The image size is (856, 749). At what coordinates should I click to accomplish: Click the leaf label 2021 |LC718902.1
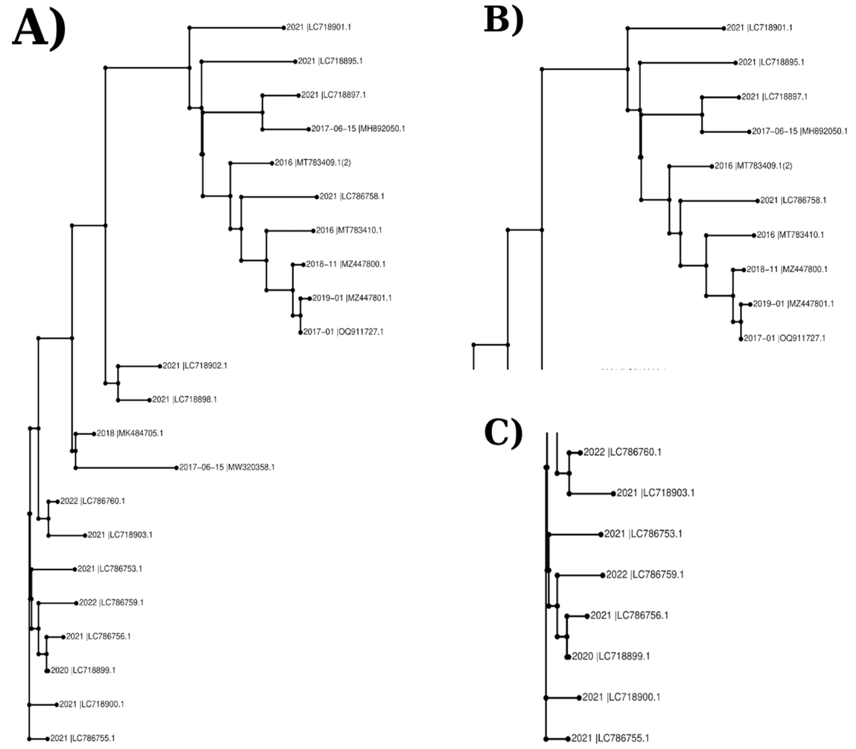(x=195, y=366)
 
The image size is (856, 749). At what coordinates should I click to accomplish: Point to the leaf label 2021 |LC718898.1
(x=184, y=400)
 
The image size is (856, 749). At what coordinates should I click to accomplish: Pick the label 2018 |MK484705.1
(x=130, y=433)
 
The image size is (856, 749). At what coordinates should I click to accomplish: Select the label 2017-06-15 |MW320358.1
(x=227, y=467)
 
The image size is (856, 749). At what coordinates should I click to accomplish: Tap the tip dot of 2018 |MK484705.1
(x=94, y=434)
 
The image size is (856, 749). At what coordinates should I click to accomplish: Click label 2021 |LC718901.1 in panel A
(x=318, y=27)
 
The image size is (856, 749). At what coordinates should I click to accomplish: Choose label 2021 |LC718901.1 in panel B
(x=759, y=28)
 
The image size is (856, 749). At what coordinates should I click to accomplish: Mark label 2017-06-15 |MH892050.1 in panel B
(x=799, y=132)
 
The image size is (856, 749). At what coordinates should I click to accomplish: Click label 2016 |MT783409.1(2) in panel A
(x=313, y=163)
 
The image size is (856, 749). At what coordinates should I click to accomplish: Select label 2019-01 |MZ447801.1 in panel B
(x=793, y=304)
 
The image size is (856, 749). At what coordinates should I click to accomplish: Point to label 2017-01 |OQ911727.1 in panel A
(x=343, y=332)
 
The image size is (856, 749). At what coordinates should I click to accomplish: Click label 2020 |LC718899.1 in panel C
(x=611, y=656)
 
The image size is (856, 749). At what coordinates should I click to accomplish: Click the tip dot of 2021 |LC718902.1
(x=160, y=366)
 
